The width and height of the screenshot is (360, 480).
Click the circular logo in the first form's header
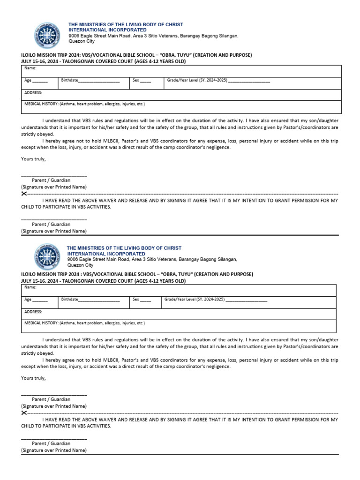(47, 36)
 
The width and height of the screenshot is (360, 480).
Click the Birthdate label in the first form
(69, 81)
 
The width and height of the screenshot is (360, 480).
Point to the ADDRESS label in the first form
(33, 93)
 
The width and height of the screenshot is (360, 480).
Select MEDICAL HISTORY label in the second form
(41, 323)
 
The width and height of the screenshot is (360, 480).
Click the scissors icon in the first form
(24, 194)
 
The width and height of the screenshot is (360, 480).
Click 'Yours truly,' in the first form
(33, 159)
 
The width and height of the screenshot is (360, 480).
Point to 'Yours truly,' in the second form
(33, 378)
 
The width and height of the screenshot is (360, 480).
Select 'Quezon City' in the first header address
(81, 41)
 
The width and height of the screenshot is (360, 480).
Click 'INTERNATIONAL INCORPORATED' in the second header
(106, 254)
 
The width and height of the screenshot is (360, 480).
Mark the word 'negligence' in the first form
(219, 147)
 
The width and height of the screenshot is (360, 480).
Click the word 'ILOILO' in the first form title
(30, 55)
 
